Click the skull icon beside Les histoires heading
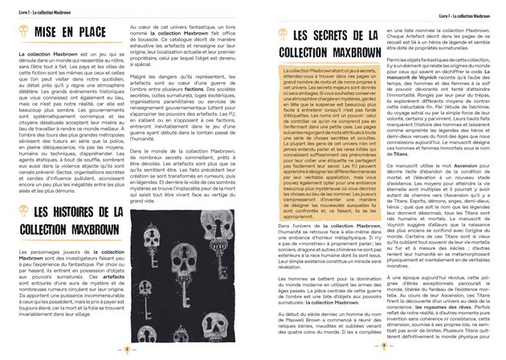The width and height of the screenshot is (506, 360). pyautogui.click(x=25, y=211)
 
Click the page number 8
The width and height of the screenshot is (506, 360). pyautogui.click(x=128, y=350)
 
